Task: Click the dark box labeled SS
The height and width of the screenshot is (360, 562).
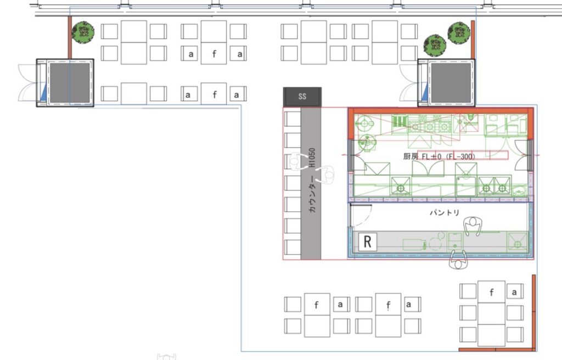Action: click(x=302, y=97)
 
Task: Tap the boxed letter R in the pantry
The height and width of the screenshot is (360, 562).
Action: click(x=367, y=241)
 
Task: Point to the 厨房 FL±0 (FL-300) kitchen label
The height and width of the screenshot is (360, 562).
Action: click(x=439, y=157)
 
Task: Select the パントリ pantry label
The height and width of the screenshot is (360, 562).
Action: click(x=445, y=212)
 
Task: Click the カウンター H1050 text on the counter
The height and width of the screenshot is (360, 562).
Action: click(x=312, y=180)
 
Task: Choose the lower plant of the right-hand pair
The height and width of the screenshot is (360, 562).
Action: click(x=435, y=46)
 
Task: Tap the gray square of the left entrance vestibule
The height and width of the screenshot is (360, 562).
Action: click(x=70, y=83)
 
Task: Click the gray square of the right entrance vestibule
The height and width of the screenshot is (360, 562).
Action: click(x=451, y=83)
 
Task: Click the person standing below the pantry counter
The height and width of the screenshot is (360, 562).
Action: click(x=459, y=260)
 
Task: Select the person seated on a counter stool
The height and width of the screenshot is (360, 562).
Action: click(x=298, y=161)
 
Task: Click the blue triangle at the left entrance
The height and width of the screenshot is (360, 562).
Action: click(x=43, y=92)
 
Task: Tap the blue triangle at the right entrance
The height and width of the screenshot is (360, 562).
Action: click(x=425, y=92)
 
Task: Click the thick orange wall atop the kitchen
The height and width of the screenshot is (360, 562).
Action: click(x=441, y=111)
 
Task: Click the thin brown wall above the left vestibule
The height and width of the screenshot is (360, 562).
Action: click(x=70, y=38)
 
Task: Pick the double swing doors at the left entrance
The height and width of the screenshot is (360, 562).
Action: click(x=28, y=83)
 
